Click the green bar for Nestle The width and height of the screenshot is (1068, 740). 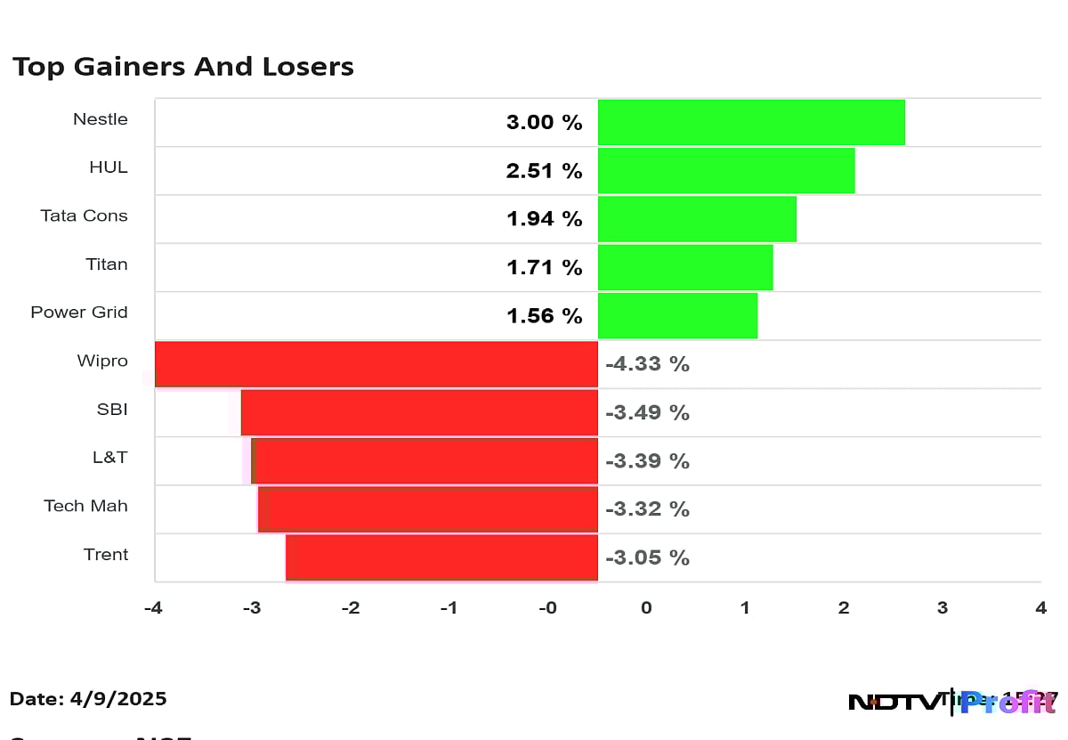751,122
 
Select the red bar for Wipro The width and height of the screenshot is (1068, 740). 376,364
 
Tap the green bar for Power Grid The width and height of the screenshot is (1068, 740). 677,316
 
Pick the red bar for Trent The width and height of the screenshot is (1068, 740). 441,557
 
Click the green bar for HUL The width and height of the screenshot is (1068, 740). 726,171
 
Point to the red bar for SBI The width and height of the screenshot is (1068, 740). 419,412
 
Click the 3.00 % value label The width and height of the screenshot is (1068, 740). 544,123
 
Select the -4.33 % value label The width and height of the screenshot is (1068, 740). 647,364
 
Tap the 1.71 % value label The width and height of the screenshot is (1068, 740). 544,268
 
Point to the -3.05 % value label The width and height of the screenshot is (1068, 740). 647,558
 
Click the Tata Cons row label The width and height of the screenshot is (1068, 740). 84,215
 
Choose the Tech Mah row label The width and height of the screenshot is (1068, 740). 85,506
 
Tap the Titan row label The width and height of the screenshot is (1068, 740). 106,264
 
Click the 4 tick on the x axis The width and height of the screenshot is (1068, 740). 1040,608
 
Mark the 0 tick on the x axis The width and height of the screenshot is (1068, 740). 646,608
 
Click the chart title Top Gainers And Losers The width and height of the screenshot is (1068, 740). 182,67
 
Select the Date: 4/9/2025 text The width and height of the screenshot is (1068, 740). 88,699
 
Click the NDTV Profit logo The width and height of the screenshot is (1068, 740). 951,702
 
